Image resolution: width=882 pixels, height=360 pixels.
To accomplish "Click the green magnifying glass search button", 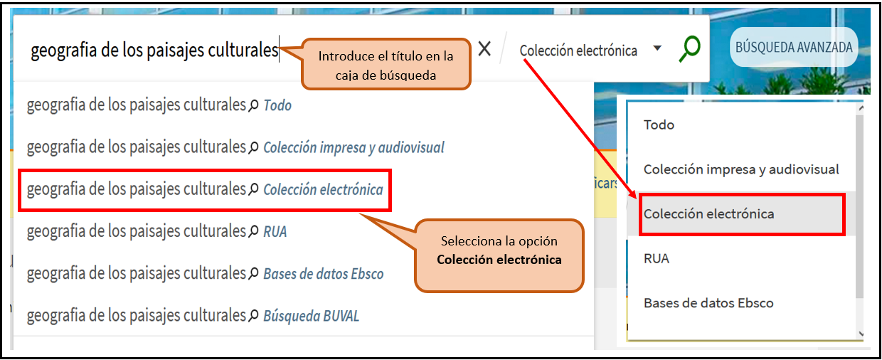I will [689, 49].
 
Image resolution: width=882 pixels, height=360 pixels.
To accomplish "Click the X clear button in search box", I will [484, 49].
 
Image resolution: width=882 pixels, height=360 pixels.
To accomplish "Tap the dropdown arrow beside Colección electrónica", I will [657, 48].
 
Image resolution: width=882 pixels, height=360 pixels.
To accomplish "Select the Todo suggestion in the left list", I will [159, 105].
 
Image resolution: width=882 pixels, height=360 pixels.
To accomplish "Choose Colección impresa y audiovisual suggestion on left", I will [235, 147].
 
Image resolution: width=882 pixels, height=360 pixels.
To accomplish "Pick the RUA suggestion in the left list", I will [156, 231].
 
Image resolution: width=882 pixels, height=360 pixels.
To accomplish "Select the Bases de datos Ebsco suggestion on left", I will [205, 273].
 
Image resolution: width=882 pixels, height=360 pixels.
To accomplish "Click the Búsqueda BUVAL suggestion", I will [193, 315].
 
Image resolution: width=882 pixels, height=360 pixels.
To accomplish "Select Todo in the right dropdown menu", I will [659, 125].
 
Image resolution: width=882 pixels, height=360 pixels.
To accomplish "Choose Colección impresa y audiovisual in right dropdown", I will [741, 169].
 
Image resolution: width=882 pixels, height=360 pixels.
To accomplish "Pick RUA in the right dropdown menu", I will [657, 258].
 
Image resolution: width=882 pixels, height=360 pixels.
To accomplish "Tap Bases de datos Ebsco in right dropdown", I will [708, 303].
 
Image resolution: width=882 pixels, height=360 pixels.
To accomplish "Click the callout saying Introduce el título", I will [386, 65].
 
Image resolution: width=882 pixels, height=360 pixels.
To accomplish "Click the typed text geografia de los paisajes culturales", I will [154, 51].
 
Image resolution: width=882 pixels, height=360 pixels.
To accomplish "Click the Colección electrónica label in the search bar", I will [578, 51].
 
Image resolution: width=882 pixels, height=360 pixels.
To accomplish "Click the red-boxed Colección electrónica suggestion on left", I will [205, 190].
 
